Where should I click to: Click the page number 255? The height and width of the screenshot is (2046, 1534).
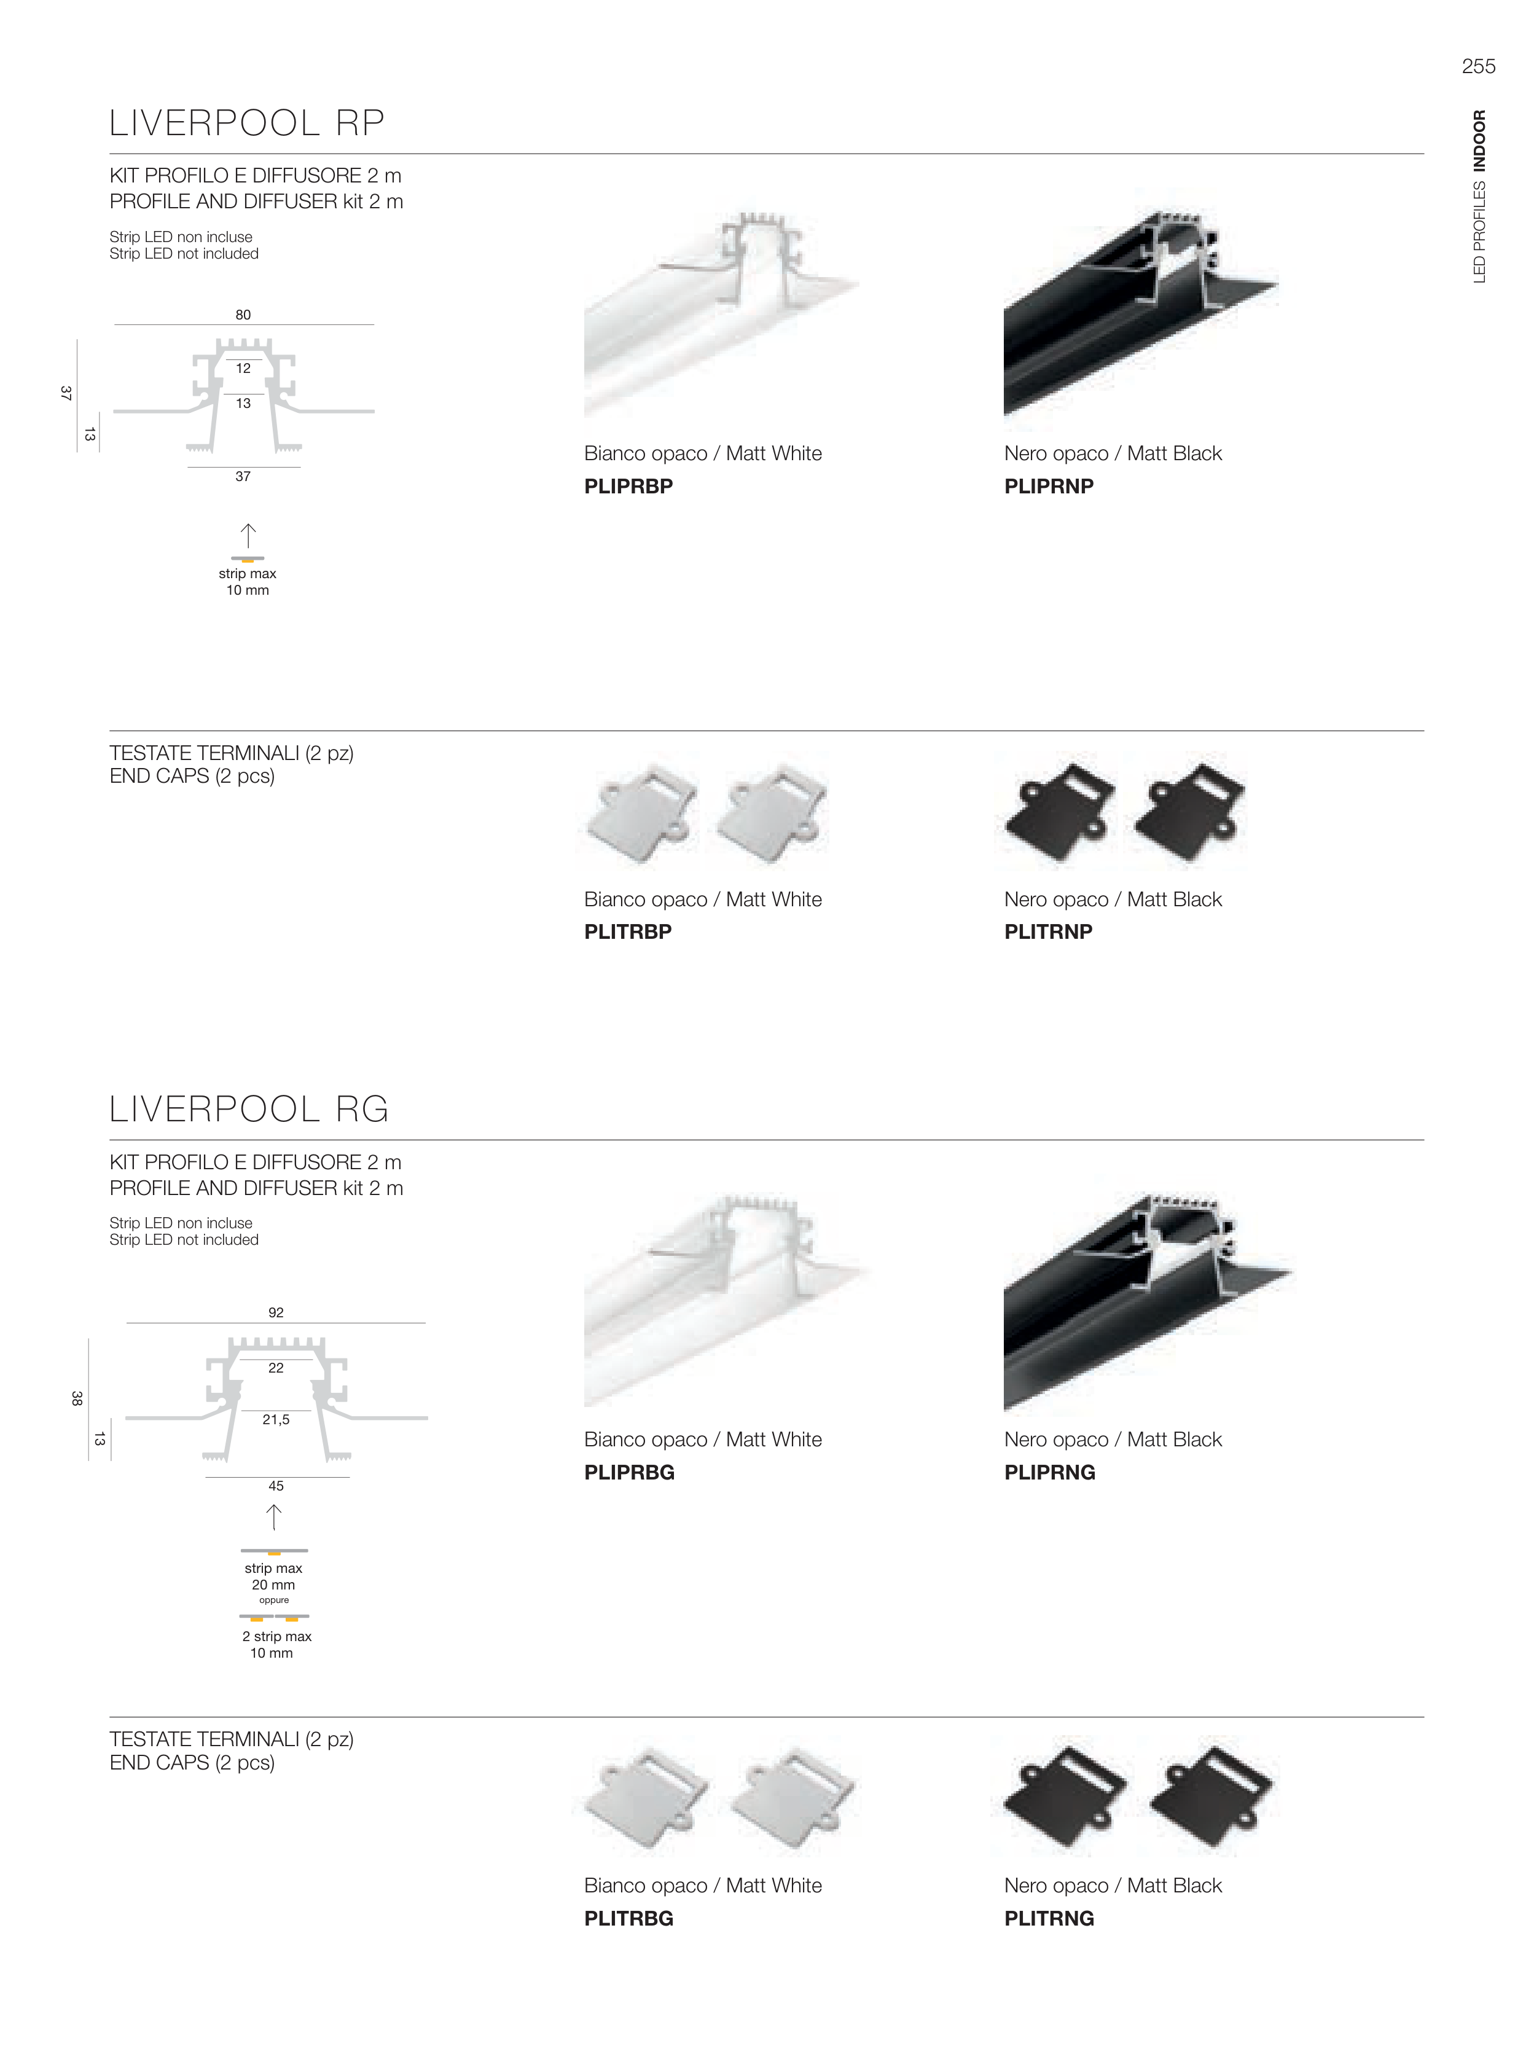[x=1477, y=66]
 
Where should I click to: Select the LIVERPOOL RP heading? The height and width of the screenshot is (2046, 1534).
[x=247, y=123]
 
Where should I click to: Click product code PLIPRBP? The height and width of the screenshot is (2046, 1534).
[x=628, y=487]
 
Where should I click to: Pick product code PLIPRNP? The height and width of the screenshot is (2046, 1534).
[x=1049, y=487]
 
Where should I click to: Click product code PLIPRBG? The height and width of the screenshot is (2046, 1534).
[x=628, y=1473]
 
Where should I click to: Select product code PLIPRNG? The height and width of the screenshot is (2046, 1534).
[x=1049, y=1473]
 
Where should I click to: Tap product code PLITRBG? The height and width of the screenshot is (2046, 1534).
[x=628, y=1918]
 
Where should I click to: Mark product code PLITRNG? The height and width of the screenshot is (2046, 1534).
[x=1049, y=1918]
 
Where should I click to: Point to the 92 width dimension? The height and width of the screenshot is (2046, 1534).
[x=276, y=1312]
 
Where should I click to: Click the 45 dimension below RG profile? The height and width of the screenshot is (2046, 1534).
[x=276, y=1486]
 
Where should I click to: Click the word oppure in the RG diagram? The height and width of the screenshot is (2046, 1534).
[x=274, y=1600]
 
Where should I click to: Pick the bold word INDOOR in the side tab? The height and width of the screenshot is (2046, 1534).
[x=1479, y=141]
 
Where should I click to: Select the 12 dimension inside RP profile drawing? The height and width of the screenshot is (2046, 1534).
[x=243, y=368]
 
